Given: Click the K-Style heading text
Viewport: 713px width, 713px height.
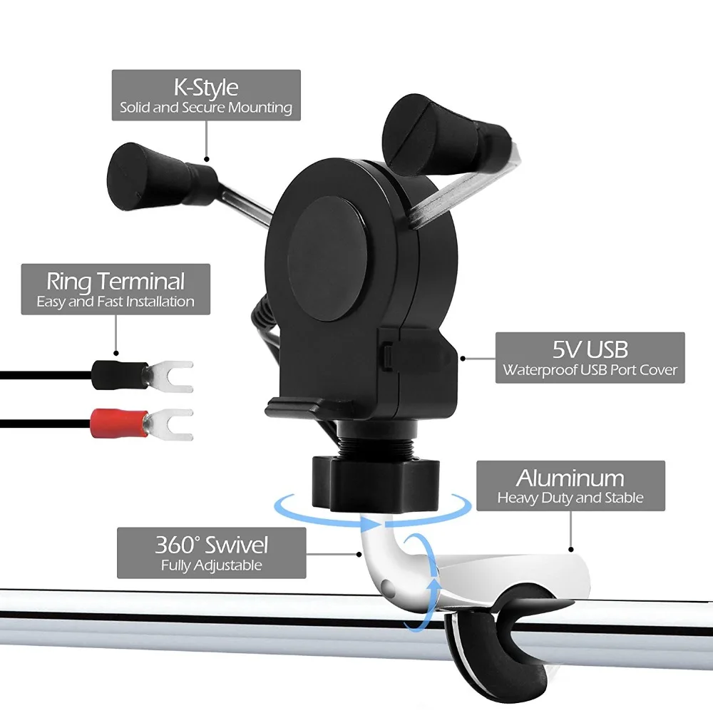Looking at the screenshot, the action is tap(206, 88).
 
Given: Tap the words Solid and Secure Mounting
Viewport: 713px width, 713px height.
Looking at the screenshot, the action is tap(206, 108).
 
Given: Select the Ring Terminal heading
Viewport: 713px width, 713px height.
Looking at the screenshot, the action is tap(116, 282).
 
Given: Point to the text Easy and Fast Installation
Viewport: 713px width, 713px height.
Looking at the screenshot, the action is tap(116, 302).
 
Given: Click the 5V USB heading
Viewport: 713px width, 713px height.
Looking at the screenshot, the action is tap(590, 349).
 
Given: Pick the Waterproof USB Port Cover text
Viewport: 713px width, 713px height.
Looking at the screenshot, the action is tap(590, 369).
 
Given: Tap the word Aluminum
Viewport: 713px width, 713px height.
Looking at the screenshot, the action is tap(570, 478).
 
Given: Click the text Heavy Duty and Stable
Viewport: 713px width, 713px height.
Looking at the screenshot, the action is tap(570, 498).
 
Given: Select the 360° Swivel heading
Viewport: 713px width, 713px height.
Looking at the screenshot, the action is tap(212, 545).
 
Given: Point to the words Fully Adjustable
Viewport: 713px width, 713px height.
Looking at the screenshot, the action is tap(212, 565).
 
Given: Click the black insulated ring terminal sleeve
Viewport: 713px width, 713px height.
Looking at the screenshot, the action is tap(120, 375).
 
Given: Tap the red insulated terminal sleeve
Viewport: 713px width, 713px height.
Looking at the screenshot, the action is tap(120, 424).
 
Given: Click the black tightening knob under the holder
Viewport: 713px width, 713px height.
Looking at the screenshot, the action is tap(376, 483).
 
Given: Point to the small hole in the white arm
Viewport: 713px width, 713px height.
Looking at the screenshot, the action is tap(387, 585).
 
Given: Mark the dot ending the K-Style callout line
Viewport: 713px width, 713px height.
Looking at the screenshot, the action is tap(207, 159).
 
